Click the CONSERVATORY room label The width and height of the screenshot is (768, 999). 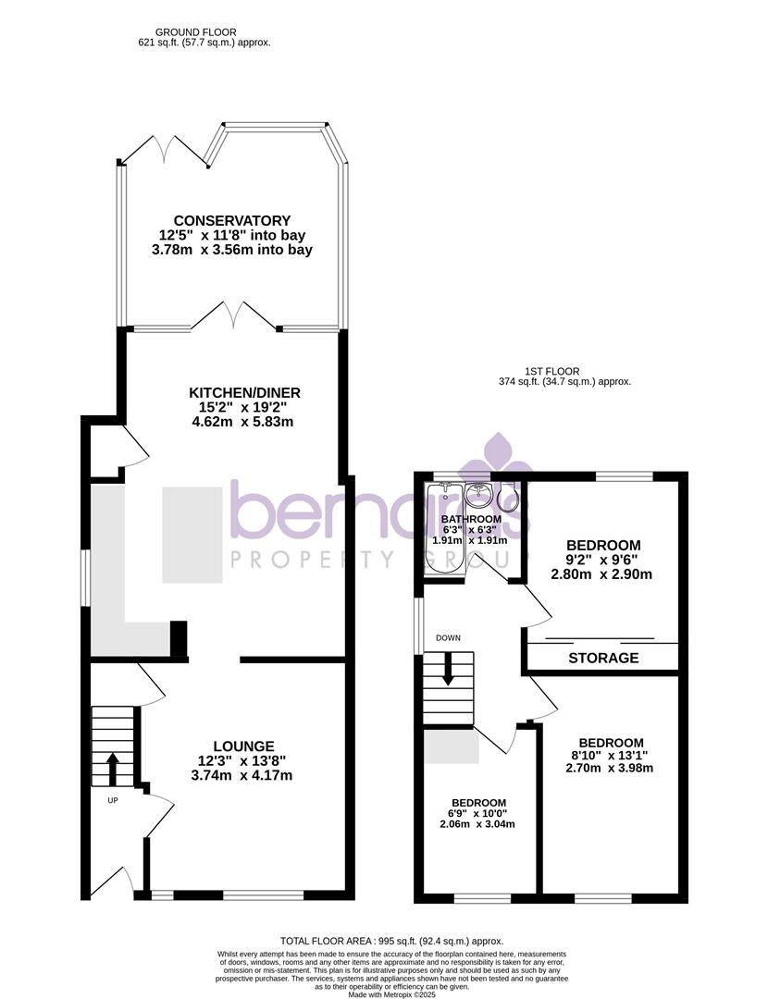click(232, 221)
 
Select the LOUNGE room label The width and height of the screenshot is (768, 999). click(243, 746)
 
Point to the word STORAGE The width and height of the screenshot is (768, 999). click(603, 659)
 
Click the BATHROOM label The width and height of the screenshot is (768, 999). click(470, 519)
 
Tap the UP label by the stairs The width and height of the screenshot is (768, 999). click(113, 800)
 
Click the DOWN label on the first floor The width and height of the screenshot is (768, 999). click(449, 637)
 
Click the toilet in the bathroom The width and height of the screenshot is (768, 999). click(508, 500)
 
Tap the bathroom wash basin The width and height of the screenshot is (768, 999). click(480, 494)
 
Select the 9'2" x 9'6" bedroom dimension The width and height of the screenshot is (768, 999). click(602, 560)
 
